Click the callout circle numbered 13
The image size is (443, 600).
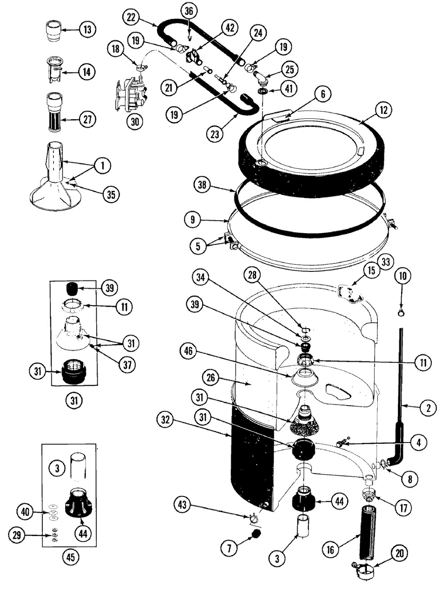click(x=86, y=30)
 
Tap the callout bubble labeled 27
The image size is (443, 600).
click(x=87, y=120)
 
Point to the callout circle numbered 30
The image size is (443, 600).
click(x=134, y=122)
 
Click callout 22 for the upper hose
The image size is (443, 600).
click(x=131, y=18)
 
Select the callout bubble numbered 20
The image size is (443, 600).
click(x=399, y=553)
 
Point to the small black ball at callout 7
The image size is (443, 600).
click(x=256, y=533)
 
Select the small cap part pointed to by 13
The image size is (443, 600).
click(x=54, y=31)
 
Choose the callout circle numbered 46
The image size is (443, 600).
click(x=189, y=351)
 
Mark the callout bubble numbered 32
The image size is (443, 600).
click(x=165, y=420)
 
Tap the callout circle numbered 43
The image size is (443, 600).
click(x=182, y=505)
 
